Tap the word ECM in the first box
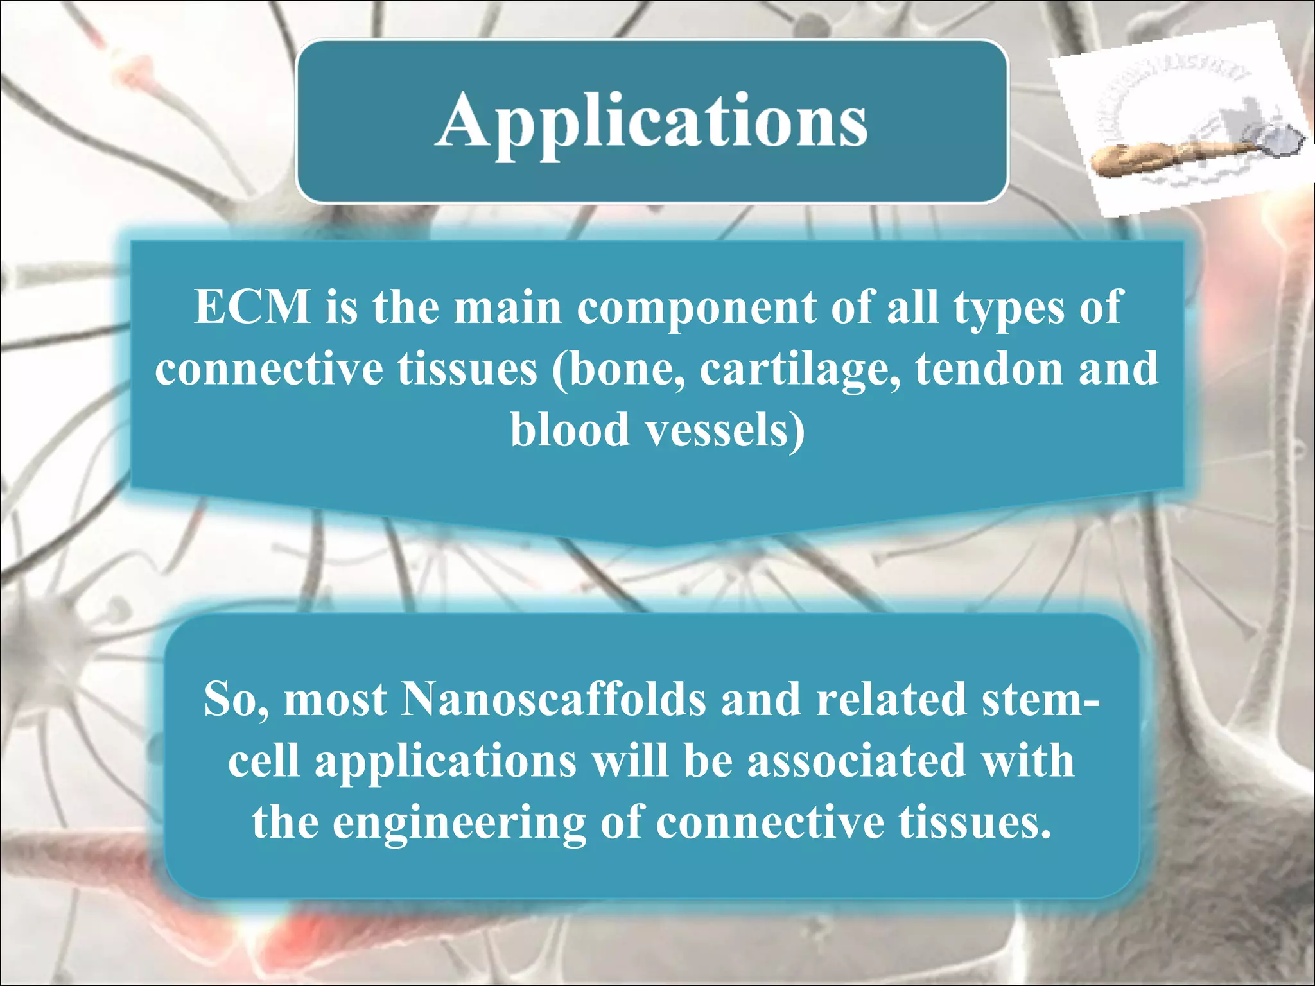[252, 307]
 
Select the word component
[696, 307]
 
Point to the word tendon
[989, 369]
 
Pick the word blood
[569, 429]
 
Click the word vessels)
[725, 429]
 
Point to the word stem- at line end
[1040, 699]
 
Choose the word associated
[857, 761]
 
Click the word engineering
[458, 822]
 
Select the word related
[891, 699]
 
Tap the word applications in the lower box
[446, 761]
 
